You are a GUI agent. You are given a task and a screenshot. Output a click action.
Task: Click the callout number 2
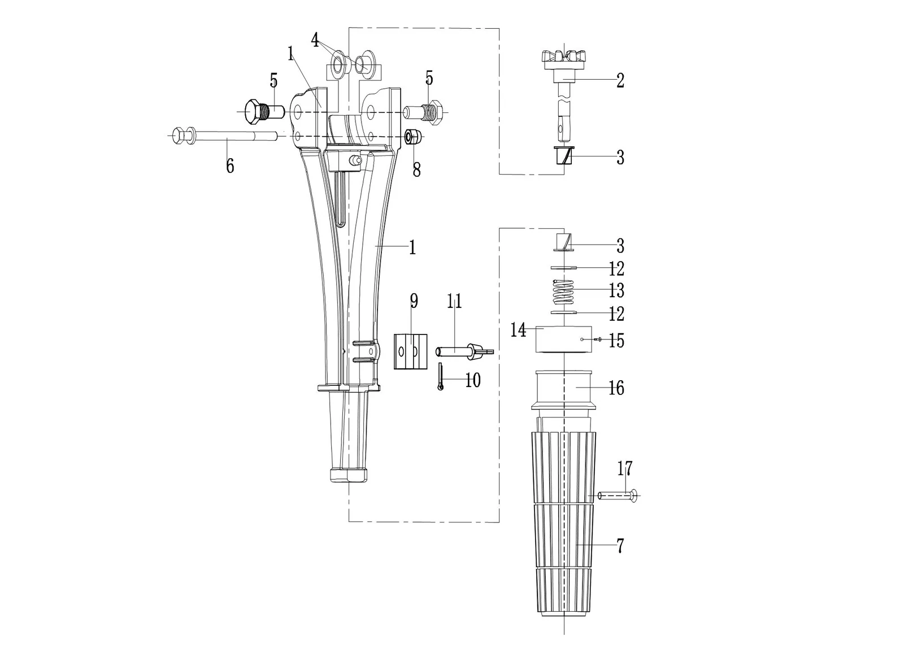[x=620, y=81]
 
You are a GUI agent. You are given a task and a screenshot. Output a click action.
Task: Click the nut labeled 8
[x=414, y=137]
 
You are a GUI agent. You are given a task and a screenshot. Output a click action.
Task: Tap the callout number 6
[x=229, y=166]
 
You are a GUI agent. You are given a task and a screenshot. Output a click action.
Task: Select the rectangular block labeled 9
[x=410, y=351]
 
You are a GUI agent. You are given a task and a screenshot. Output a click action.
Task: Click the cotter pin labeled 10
[x=441, y=377]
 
